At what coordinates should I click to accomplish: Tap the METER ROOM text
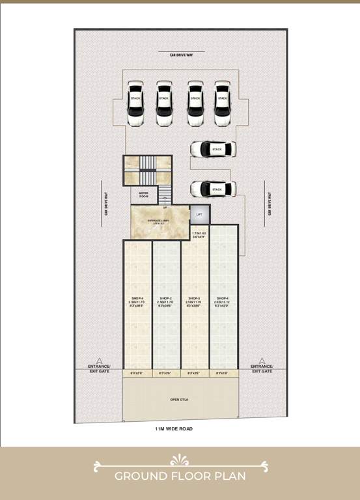[145, 194]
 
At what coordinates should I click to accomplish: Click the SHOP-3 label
[194, 299]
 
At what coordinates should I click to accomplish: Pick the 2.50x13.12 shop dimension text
[223, 303]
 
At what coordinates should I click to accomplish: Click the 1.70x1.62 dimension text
[199, 233]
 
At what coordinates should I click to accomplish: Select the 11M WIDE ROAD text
[174, 429]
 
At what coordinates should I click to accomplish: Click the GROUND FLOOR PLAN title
[180, 476]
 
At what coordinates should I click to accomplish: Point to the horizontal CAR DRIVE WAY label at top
[180, 55]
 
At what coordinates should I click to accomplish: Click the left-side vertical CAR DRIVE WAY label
[105, 204]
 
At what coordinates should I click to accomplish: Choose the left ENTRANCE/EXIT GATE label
[100, 368]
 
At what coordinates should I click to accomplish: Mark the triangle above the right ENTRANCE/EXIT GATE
[262, 360]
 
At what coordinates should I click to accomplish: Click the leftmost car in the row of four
[135, 102]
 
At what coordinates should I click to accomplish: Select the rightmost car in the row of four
[223, 102]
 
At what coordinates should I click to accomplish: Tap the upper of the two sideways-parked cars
[213, 150]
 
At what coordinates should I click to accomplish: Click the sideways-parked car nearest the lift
[213, 189]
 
